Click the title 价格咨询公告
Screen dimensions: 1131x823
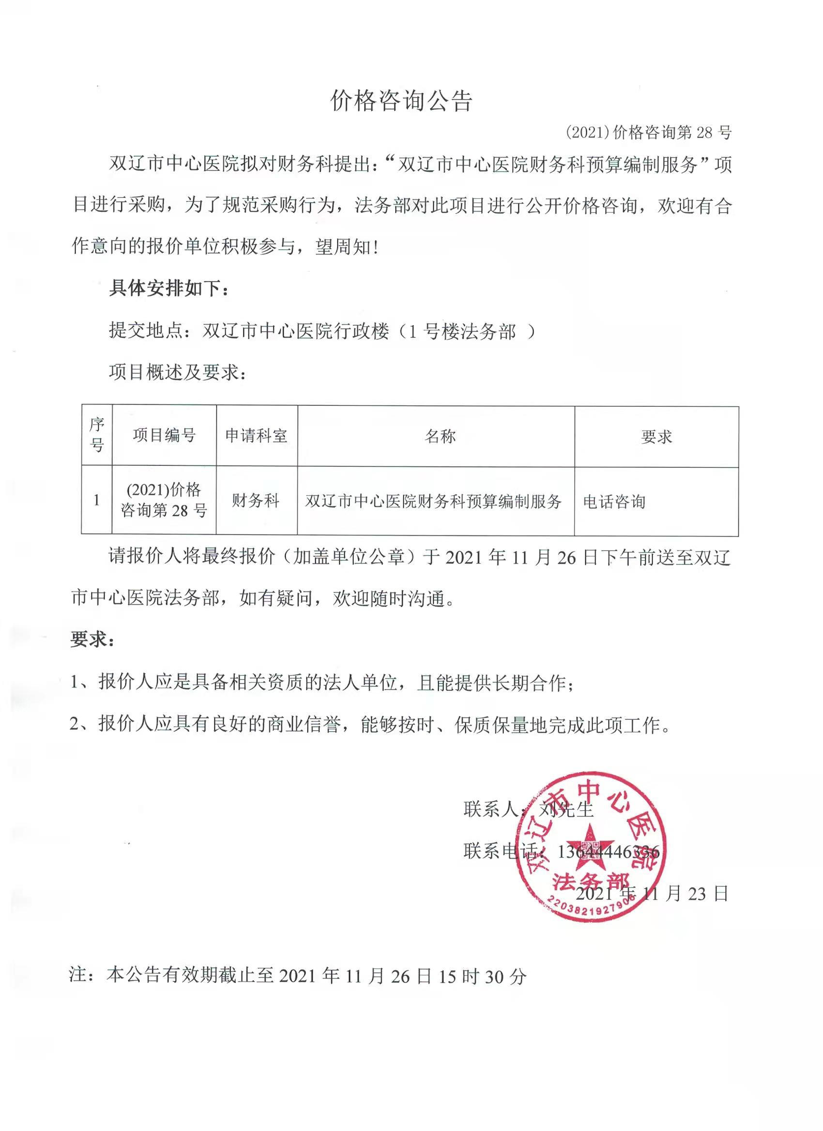point(401,101)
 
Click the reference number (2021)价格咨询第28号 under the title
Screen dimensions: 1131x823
point(649,133)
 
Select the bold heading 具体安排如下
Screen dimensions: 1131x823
point(168,288)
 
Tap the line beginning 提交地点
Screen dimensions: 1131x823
point(322,330)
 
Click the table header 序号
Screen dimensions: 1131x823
point(97,435)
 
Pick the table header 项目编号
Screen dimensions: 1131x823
point(164,435)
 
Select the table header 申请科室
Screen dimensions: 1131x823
point(257,436)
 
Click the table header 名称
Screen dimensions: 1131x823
point(440,436)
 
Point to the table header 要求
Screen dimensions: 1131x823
point(656,437)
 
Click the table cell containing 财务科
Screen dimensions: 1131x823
point(255,500)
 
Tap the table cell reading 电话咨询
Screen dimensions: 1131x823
point(614,501)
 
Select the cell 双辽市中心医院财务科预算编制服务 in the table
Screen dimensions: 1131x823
point(433,501)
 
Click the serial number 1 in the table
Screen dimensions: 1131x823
point(96,500)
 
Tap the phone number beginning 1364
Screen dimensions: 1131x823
point(608,851)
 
